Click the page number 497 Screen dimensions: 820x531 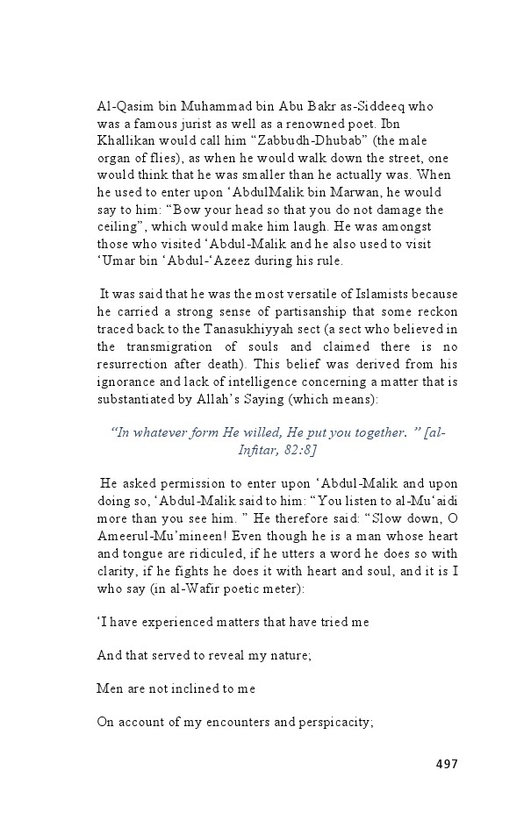coord(447,764)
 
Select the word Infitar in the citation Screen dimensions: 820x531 coord(255,449)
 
